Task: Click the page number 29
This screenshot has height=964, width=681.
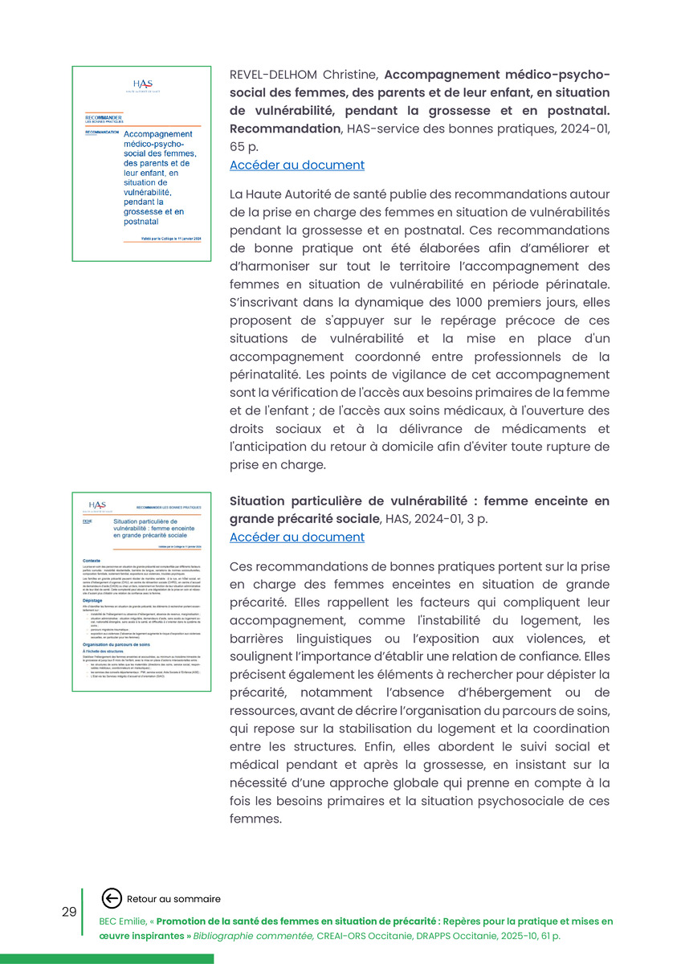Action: coord(69,912)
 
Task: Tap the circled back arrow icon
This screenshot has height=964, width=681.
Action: coord(112,899)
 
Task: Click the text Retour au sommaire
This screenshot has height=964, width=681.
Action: coord(173,899)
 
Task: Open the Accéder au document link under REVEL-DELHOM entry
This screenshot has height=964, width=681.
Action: coord(296,165)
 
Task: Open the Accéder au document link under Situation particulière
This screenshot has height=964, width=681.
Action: coord(296,537)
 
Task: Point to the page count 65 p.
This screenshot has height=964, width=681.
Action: coord(244,147)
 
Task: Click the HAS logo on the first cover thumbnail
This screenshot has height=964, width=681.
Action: coord(143,85)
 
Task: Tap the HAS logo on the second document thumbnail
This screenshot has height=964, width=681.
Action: coord(97,505)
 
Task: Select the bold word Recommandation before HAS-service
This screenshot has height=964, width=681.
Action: coord(284,129)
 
